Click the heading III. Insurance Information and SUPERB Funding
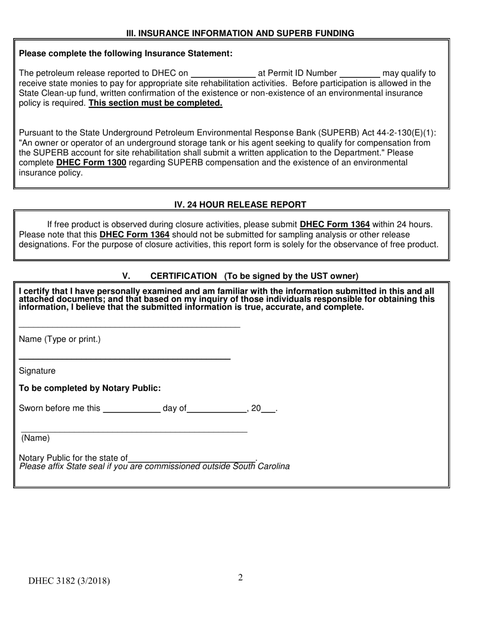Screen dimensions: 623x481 coord(240,33)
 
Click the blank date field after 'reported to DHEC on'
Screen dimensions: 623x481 coord(223,73)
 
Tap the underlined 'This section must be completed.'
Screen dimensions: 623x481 coord(155,103)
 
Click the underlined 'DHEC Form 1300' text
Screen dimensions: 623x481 coord(91,163)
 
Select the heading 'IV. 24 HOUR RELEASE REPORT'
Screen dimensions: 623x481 coord(240,205)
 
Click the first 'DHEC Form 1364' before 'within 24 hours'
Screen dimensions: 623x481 coord(335,224)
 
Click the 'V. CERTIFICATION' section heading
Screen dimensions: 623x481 coord(240,276)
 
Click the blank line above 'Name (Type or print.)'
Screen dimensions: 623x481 coord(129,326)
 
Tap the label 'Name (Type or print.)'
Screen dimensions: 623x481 coord(60,339)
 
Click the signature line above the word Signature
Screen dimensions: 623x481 coord(124,358)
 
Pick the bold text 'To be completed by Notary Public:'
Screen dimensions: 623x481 coord(90,388)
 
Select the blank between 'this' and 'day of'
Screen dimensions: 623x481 coord(131,410)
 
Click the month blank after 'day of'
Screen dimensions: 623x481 coord(217,410)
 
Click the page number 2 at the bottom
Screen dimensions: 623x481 coord(240,577)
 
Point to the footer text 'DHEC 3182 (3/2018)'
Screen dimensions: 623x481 coord(69,581)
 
